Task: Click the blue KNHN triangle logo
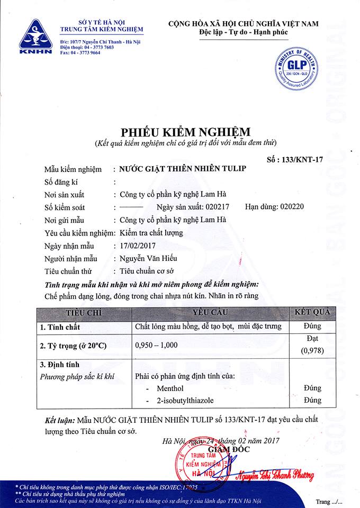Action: [x=35, y=35]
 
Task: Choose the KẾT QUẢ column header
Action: [x=312, y=312]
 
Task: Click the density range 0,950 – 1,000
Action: [x=157, y=345]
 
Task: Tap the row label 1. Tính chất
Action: [x=60, y=327]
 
